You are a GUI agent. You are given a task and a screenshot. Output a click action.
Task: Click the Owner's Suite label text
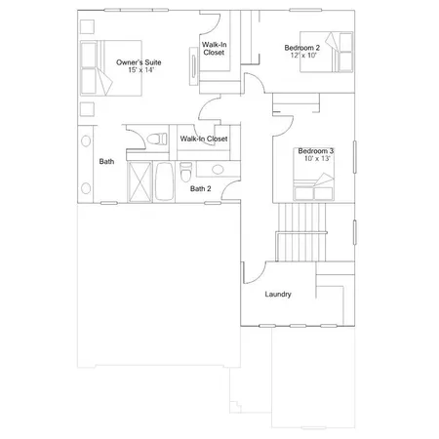(139, 62)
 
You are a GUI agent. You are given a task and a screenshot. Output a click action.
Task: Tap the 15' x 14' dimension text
(139, 70)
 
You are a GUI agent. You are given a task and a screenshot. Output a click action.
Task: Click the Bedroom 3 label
(315, 151)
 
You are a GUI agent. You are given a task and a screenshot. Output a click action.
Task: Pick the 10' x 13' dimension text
(315, 159)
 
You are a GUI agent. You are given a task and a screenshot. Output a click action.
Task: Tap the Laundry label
(278, 294)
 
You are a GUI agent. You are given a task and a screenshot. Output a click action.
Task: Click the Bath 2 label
(201, 189)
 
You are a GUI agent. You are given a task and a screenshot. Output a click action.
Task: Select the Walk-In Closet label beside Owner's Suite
(215, 49)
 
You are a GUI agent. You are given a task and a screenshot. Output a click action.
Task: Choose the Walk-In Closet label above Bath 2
(204, 140)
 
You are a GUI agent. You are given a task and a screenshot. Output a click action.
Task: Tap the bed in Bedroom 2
(337, 51)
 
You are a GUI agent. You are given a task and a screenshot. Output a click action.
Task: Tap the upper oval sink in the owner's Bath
(85, 140)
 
